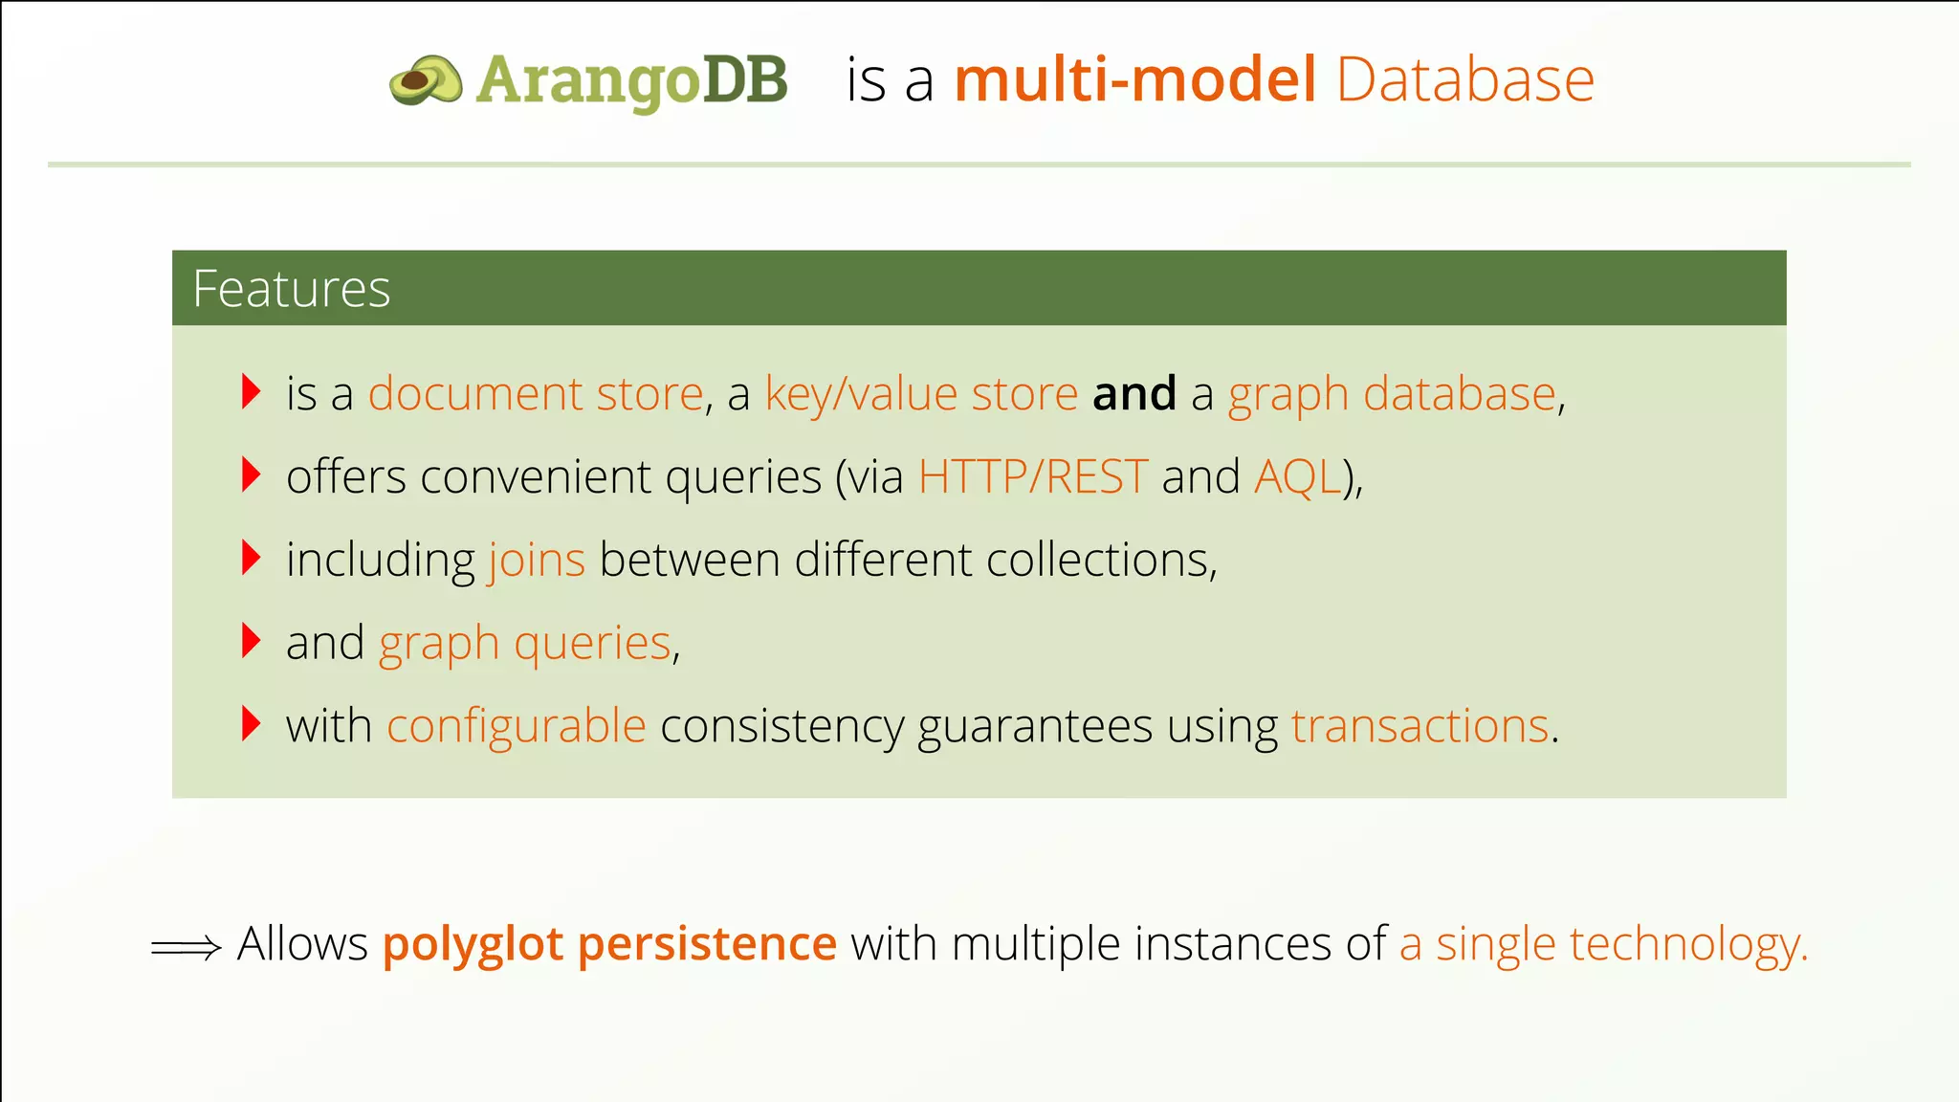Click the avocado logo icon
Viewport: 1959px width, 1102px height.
coord(426,79)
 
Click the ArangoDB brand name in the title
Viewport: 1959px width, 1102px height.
coord(631,79)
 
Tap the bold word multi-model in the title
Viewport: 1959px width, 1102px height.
coord(1135,79)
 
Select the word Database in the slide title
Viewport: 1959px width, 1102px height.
coord(1464,79)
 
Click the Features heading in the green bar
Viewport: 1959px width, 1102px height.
coord(292,289)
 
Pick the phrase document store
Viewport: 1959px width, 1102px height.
coord(536,394)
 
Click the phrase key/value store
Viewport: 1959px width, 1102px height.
coord(921,394)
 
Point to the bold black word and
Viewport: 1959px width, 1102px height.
coord(1134,394)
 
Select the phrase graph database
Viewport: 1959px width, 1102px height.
coord(1392,394)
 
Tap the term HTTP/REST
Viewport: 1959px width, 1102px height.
coord(1032,477)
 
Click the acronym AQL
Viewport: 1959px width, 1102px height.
coord(1297,477)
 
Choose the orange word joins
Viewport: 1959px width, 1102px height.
coord(537,561)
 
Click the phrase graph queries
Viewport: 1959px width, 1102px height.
coord(525,644)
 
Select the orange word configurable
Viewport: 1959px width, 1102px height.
coord(517,727)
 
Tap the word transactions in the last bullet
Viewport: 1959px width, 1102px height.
coord(1420,727)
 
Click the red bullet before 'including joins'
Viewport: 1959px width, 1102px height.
coord(252,558)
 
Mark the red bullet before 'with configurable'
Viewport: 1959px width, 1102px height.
coord(252,724)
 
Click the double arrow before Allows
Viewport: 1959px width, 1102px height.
coord(187,948)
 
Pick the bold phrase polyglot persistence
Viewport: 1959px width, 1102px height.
coord(609,945)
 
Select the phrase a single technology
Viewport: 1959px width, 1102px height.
coord(1602,945)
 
